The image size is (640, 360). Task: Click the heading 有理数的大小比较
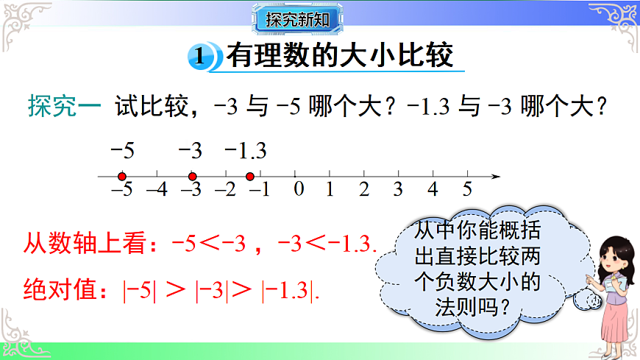(x=339, y=56)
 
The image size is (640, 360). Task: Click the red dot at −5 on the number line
(x=122, y=177)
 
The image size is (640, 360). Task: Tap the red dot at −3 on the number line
(x=192, y=177)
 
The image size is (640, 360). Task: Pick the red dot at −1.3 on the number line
(x=250, y=177)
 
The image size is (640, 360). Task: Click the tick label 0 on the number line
(x=298, y=190)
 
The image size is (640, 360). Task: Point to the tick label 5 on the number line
(x=466, y=190)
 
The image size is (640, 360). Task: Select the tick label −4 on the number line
(x=157, y=190)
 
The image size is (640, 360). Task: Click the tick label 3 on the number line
(x=398, y=190)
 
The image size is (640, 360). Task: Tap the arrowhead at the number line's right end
(x=496, y=177)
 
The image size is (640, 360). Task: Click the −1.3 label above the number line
(x=245, y=151)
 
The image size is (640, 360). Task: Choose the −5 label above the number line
(x=122, y=151)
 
